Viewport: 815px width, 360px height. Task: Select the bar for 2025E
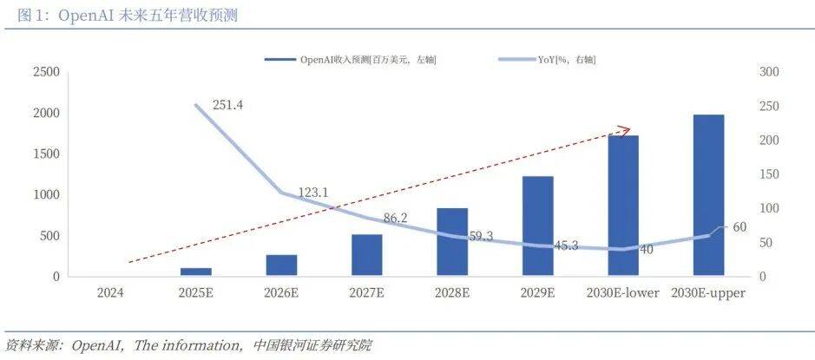(195, 272)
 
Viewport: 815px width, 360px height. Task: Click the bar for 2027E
(367, 255)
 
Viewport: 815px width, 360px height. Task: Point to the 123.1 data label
(312, 193)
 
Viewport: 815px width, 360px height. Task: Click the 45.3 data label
(564, 245)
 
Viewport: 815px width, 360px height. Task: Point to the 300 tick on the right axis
(769, 72)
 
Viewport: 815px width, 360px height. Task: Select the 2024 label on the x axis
(109, 293)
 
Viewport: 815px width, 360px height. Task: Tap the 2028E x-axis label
(452, 293)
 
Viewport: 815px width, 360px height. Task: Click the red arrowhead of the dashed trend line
(623, 131)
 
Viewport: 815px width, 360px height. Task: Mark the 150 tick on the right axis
(769, 174)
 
